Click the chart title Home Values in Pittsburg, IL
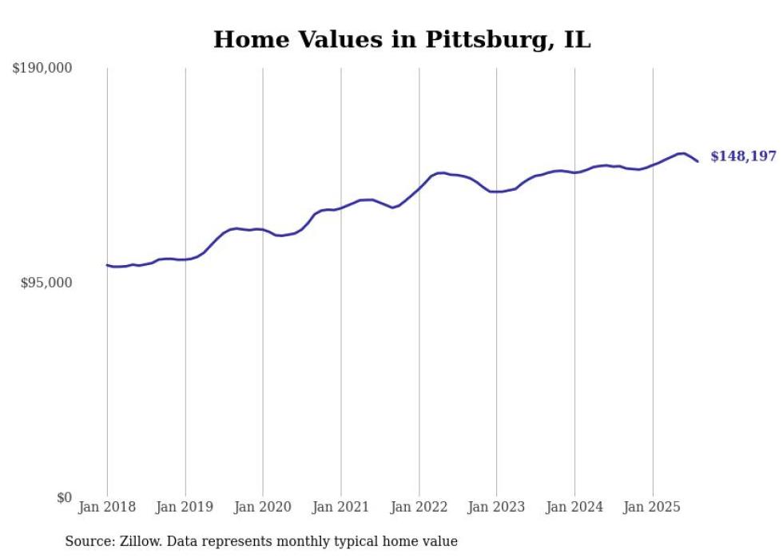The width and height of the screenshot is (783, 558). point(402,39)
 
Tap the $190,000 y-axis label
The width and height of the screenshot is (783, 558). point(42,68)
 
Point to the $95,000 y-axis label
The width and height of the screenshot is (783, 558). point(46,283)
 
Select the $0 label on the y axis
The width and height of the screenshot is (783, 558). point(65,497)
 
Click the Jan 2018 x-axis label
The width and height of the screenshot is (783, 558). point(107,507)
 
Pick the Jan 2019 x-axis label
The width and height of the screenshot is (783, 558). point(185,507)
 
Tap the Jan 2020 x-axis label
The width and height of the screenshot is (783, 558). point(263,507)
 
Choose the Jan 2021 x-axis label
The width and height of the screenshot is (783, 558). point(340,507)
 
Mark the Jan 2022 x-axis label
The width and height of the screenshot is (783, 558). point(419,507)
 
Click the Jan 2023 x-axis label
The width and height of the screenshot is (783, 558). point(496,507)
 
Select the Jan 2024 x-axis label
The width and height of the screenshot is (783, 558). point(574,507)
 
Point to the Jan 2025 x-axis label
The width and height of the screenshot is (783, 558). point(652,507)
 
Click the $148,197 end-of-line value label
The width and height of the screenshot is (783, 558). point(743,156)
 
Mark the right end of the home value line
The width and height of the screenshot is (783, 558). point(698,161)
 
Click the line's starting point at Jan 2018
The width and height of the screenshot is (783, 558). point(107,265)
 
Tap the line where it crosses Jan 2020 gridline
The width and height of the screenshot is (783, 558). point(263,230)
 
